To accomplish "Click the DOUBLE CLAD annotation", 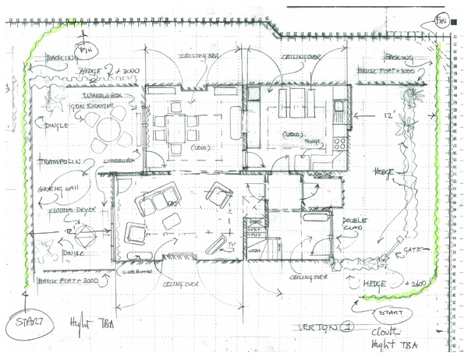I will [355, 224].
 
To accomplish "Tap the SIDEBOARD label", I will [135, 274].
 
